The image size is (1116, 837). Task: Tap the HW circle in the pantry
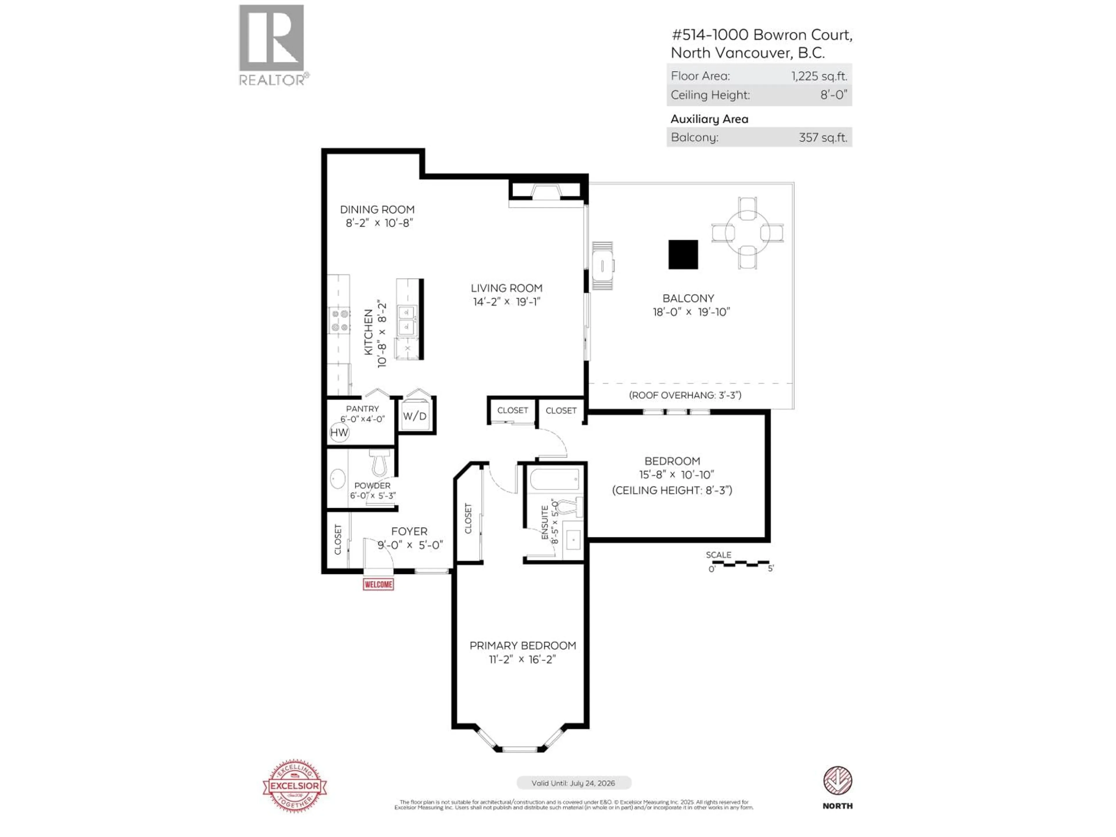tap(339, 432)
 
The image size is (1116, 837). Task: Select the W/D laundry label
tap(415, 416)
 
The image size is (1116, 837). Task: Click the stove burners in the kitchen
tap(339, 321)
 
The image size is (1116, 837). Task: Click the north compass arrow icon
tap(838, 781)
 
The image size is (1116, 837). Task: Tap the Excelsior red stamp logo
tap(295, 786)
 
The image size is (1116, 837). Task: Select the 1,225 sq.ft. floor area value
tap(819, 76)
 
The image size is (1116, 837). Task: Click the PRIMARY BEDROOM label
tap(522, 646)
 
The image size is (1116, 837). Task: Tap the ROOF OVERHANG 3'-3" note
tap(685, 395)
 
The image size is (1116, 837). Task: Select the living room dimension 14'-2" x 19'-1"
tap(506, 302)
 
